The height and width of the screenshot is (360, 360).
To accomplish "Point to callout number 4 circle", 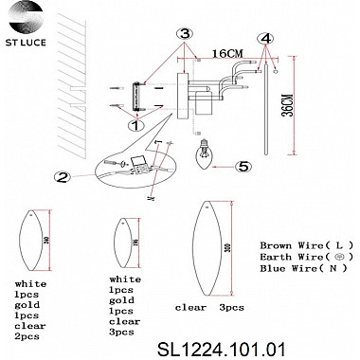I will (x=269, y=40).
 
